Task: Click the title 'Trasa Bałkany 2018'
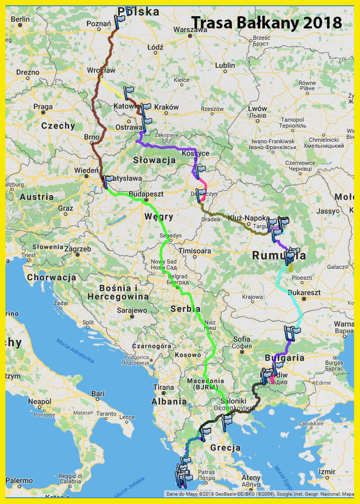coord(266,23)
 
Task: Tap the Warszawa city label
coord(191,29)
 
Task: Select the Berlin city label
coord(20,19)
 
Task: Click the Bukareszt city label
coord(305,292)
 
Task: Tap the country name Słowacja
coord(154,160)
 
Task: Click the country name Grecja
coord(225,448)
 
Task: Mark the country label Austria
coord(36,197)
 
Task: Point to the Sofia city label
coord(242,339)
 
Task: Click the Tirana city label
coord(164,387)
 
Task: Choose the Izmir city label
coord(327,472)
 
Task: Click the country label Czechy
coord(58,126)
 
